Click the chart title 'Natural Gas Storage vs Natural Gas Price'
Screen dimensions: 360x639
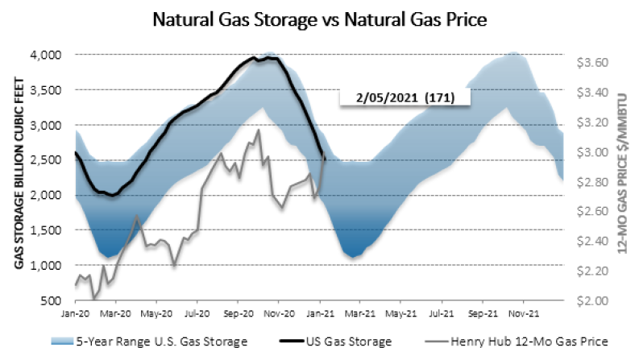pyautogui.click(x=318, y=19)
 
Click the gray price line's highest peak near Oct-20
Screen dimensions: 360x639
pyautogui.click(x=258, y=130)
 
